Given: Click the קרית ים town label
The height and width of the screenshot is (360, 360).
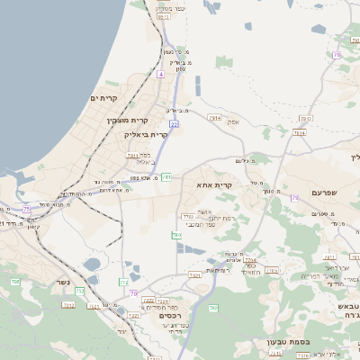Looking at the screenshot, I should tap(104, 97).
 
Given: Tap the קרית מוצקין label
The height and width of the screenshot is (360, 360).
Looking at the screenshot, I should tap(127, 120).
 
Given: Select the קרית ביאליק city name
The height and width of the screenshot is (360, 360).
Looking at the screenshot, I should tap(146, 134).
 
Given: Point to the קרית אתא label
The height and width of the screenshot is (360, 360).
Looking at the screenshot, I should tap(214, 184).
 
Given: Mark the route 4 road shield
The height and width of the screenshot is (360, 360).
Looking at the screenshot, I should tap(160, 75).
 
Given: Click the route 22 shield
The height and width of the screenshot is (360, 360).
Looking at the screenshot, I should tap(174, 124).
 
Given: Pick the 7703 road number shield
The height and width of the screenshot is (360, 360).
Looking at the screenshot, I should tap(187, 216).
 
